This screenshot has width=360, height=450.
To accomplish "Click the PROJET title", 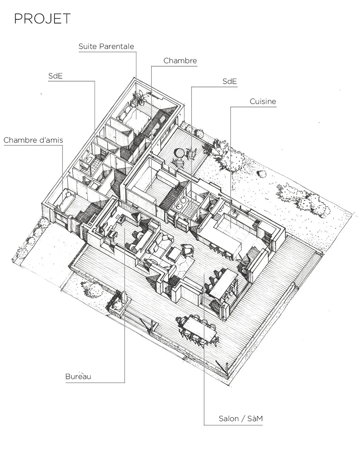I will coord(42,19).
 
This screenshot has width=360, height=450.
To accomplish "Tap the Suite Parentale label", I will coord(106,47).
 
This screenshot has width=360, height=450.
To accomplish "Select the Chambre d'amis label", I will coord(33,140).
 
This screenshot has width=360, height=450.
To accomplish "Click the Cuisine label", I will coord(263,101).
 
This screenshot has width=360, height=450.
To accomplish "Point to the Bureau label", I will coord(78,376).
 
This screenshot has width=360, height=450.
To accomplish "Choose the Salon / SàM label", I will coord(240,419).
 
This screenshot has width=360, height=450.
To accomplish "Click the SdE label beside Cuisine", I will coord(230,82).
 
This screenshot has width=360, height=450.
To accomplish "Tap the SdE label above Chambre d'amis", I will coord(55,76).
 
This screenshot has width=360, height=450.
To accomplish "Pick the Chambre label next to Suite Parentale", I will coord(180,61).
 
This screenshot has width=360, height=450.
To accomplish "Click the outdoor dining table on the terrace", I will coord(199,329).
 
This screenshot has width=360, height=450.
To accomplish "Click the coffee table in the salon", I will coord(175,253).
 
